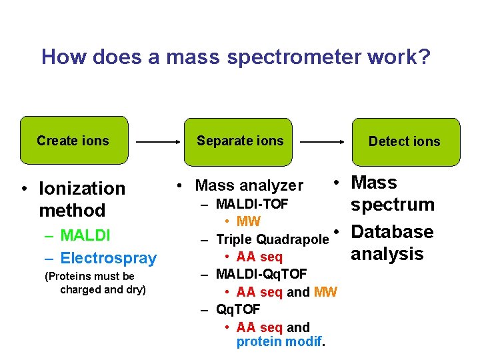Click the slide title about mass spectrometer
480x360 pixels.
[x=236, y=57]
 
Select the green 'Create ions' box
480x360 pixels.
[x=73, y=141]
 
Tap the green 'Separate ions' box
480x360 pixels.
[x=240, y=141]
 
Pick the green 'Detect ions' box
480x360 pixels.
[x=405, y=141]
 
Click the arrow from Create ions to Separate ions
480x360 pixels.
[x=157, y=142]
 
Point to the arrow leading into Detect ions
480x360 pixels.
[x=322, y=142]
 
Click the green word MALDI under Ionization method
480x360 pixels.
[x=85, y=235]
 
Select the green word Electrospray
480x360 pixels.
[x=108, y=258]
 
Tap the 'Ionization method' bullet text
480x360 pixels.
[x=81, y=199]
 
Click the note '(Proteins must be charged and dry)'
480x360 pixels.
[x=95, y=283]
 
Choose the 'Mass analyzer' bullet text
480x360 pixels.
[x=249, y=185]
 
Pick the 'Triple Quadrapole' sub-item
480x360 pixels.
[x=272, y=239]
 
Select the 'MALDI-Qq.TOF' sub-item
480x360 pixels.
[x=261, y=274]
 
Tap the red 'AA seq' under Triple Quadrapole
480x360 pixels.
[x=259, y=257]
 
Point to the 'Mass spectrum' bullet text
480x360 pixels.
[x=392, y=193]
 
